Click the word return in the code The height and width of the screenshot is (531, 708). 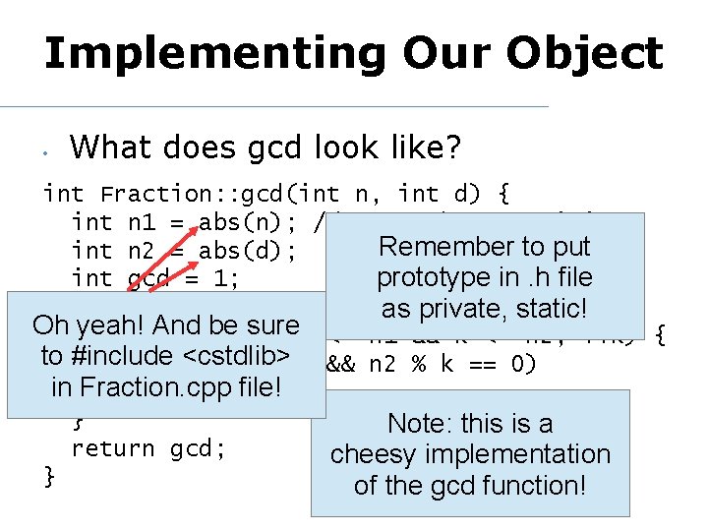113,448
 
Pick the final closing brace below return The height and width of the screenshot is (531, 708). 50,477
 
